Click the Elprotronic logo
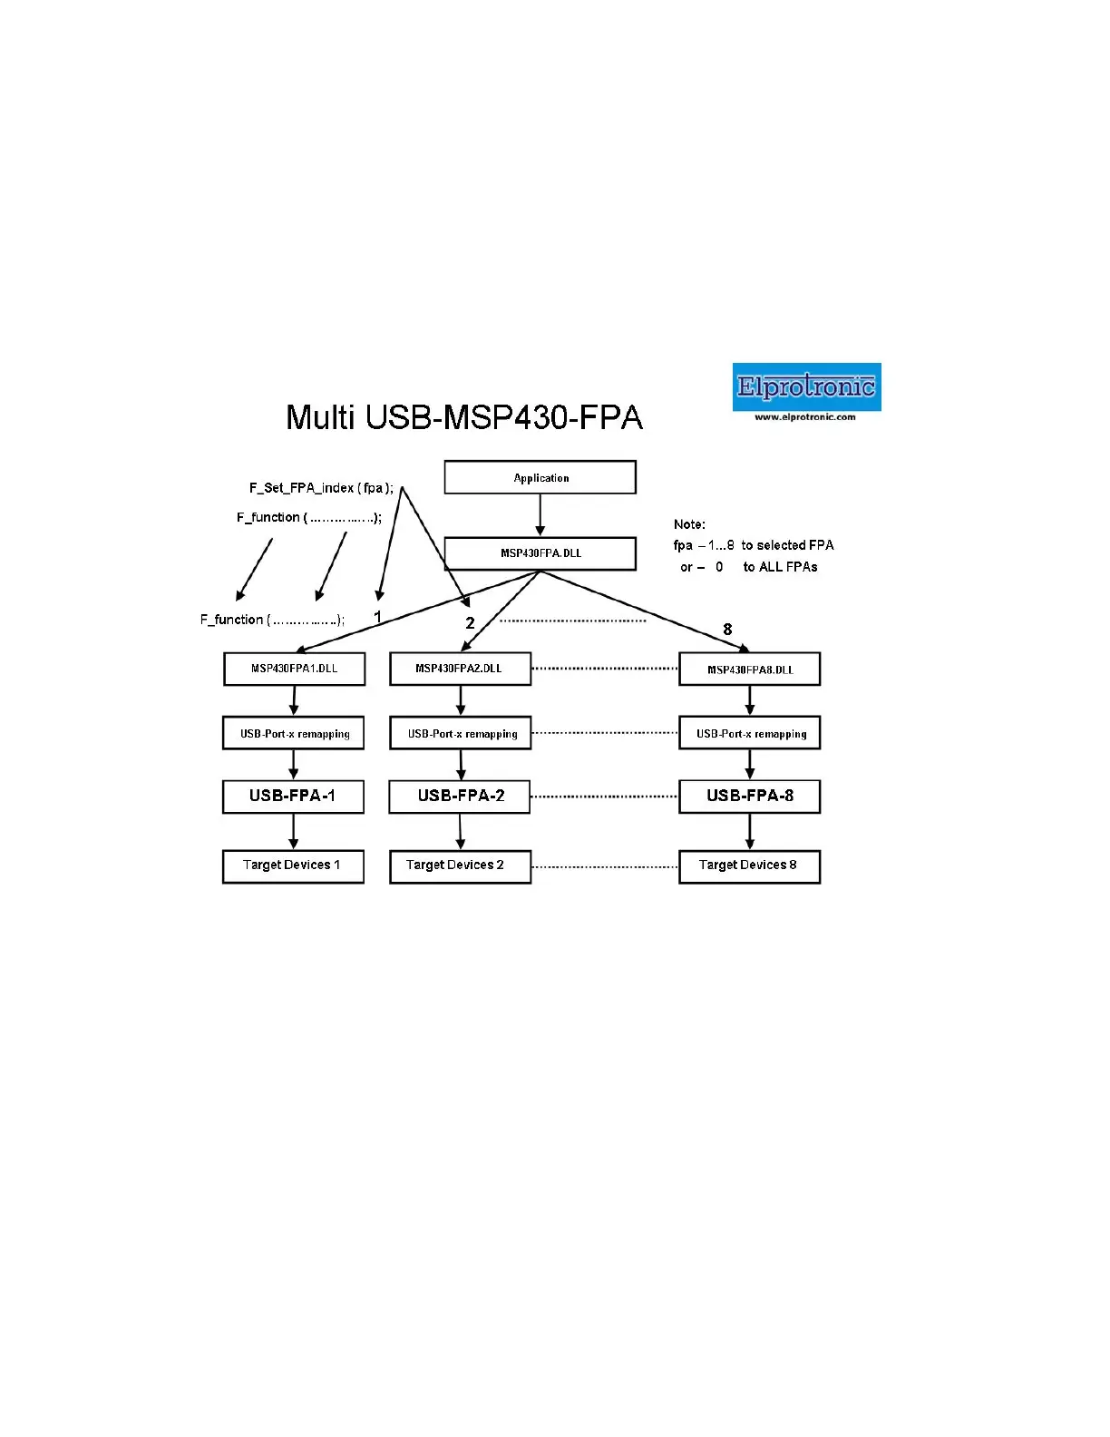pos(806,386)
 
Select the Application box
pos(540,477)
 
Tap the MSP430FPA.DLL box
pos(540,553)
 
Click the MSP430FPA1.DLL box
pos(294,669)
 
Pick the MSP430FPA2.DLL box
pos(460,669)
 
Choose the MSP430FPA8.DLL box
pos(749,670)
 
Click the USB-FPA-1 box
pos(293,797)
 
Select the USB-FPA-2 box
pos(460,797)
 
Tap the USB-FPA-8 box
pos(749,797)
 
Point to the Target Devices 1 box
pos(293,865)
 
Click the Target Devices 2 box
pos(460,865)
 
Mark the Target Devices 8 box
pos(749,865)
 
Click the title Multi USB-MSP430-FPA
pos(464,417)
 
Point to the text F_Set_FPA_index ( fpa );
pos(322,488)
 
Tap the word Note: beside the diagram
pos(689,524)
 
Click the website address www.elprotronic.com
pos(805,417)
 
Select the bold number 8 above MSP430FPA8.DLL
pos(727,630)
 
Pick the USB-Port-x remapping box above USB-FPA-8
pos(749,733)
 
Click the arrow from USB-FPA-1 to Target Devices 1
pos(294,831)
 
